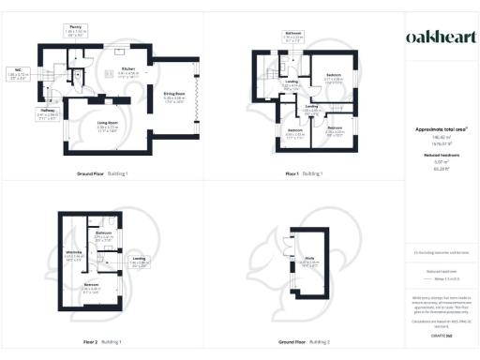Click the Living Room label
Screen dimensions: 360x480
coord(111,123)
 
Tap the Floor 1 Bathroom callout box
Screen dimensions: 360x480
coord(292,37)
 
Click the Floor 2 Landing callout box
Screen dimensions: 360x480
coord(139,262)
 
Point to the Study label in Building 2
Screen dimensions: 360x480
coord(308,262)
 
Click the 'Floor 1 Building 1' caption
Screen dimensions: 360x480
coord(306,174)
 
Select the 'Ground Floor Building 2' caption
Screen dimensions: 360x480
coord(306,344)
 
